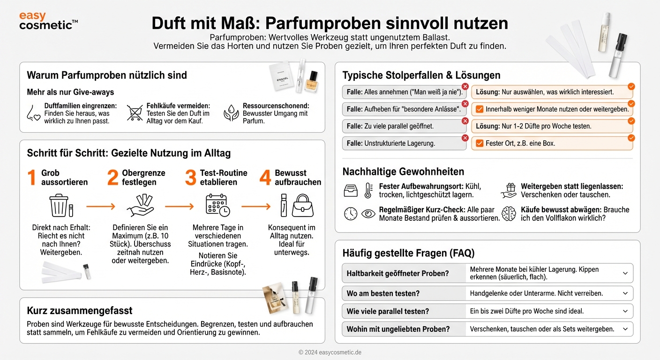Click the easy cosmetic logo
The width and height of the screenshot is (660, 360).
coord(48,21)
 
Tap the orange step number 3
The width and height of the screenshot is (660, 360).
coord(190,178)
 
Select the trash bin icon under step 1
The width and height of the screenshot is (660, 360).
coord(59,206)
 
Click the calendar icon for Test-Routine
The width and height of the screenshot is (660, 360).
coord(217,205)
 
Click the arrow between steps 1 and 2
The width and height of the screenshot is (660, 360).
coord(100,206)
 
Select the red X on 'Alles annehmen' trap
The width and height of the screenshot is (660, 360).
coord(465,87)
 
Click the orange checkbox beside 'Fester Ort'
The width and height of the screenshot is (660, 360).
coord(480,143)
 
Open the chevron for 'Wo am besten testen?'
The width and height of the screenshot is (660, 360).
coord(625,293)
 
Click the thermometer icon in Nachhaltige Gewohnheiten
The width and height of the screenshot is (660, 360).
coord(368,190)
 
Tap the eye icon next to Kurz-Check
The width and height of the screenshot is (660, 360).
coord(368,214)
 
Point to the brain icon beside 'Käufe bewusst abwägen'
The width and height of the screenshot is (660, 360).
coord(509,214)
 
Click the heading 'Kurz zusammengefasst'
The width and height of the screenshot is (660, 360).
coord(80,310)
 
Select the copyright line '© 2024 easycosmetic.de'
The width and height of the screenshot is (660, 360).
coord(330,352)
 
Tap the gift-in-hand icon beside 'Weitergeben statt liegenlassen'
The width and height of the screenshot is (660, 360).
coord(509,190)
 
